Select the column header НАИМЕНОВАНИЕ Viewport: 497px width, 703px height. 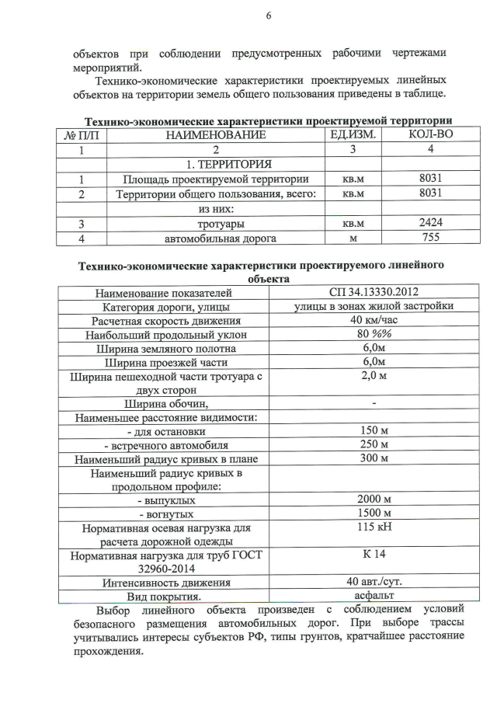pos(215,135)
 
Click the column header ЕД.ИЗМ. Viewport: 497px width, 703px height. pos(353,135)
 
